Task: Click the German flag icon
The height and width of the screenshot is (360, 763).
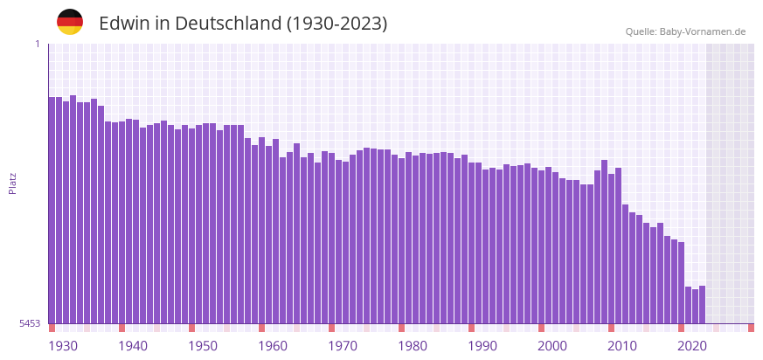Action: [70, 23]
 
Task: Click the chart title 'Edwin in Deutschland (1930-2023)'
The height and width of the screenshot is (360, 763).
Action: [243, 24]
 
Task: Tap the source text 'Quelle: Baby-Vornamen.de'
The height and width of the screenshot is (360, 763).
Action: [685, 31]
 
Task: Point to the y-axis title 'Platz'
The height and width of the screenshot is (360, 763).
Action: [12, 183]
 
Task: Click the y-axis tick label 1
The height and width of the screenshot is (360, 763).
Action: [37, 44]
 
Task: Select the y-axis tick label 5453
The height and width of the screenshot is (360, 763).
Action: [30, 323]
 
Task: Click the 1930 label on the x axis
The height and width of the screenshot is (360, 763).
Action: [63, 346]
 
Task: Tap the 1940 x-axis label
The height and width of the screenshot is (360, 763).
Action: [133, 346]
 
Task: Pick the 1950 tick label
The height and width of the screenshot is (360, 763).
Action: [203, 346]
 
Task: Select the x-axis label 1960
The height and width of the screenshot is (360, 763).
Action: [273, 346]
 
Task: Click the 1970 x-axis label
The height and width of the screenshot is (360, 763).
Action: [343, 346]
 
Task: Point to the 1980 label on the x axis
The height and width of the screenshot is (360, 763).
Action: [413, 346]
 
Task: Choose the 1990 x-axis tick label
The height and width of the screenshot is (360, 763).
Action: [482, 346]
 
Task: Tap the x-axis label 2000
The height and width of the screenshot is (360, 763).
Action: [552, 346]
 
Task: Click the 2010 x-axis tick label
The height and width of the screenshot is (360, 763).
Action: [622, 346]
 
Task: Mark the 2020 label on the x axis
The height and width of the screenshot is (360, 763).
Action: [692, 346]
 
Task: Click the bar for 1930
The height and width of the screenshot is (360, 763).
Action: [52, 210]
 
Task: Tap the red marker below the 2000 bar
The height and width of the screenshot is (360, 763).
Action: [541, 328]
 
